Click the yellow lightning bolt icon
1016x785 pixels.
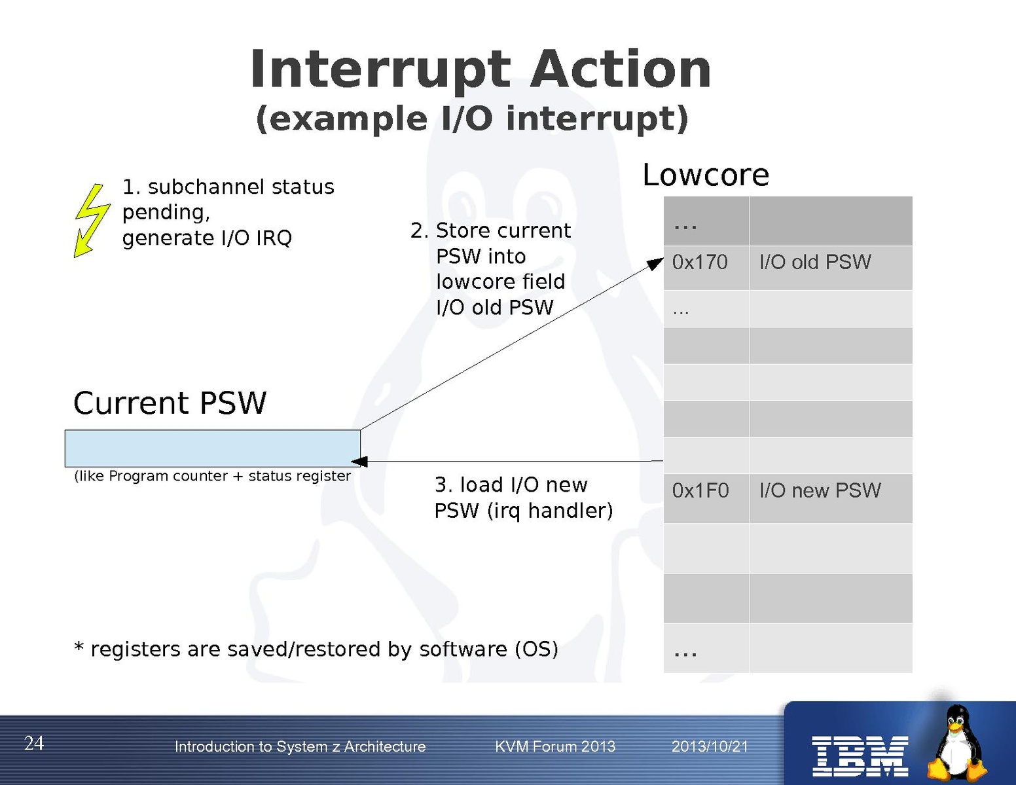pos(92,220)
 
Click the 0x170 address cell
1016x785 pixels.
pos(706,268)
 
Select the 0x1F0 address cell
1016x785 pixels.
pos(706,498)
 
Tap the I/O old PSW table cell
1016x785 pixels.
pos(831,268)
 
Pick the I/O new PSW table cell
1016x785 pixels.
pos(831,498)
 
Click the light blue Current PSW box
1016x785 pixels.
pos(212,448)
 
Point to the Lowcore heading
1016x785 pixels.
pos(706,175)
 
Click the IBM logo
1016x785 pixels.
pos(860,756)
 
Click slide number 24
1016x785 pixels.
pos(34,743)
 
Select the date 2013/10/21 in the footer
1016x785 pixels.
pos(710,746)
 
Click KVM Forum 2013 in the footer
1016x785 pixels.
pos(555,746)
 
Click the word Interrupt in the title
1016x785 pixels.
pos(380,69)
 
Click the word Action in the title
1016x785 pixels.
pos(621,69)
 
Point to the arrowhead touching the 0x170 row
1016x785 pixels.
pos(655,264)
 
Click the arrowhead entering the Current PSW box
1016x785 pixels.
pos(359,462)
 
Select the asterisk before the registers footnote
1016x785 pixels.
pos(79,647)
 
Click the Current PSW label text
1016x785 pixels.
pos(170,403)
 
